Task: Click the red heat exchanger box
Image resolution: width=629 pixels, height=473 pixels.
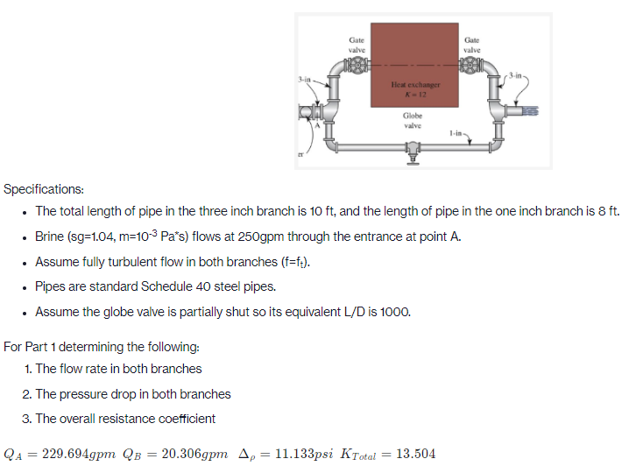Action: coord(413,61)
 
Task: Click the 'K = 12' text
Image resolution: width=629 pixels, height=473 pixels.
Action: coord(413,93)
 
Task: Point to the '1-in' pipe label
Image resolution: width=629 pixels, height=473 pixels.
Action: coord(453,133)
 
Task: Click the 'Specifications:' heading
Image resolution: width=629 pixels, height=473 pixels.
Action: coord(45,189)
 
